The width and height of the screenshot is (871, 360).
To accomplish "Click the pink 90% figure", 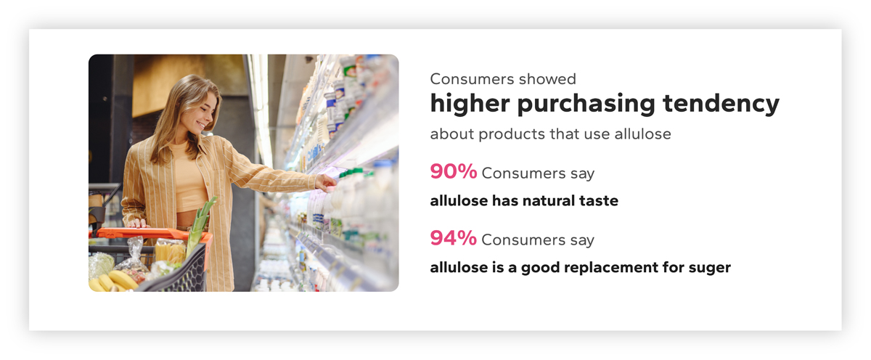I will (453, 172).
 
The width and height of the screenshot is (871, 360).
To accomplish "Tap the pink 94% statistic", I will (453, 238).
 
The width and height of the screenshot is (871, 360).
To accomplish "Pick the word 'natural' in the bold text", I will (547, 201).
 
